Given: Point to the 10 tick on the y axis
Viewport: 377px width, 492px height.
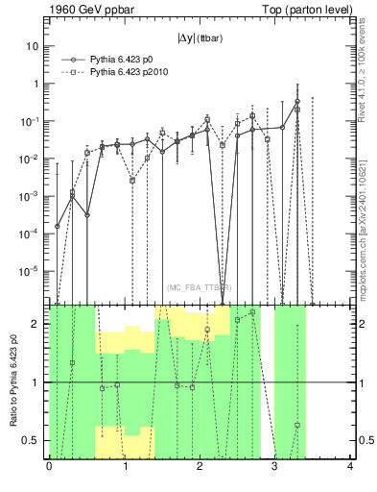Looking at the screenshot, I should click(x=34, y=46).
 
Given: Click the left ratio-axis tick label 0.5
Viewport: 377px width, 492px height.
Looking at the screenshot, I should click(x=34, y=441).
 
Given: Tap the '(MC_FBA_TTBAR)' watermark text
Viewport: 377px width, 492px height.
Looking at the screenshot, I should click(x=200, y=288).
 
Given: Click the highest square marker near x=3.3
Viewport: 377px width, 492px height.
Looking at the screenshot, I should click(x=297, y=110).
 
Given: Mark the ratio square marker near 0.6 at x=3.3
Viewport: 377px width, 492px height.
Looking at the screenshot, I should click(x=297, y=425).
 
